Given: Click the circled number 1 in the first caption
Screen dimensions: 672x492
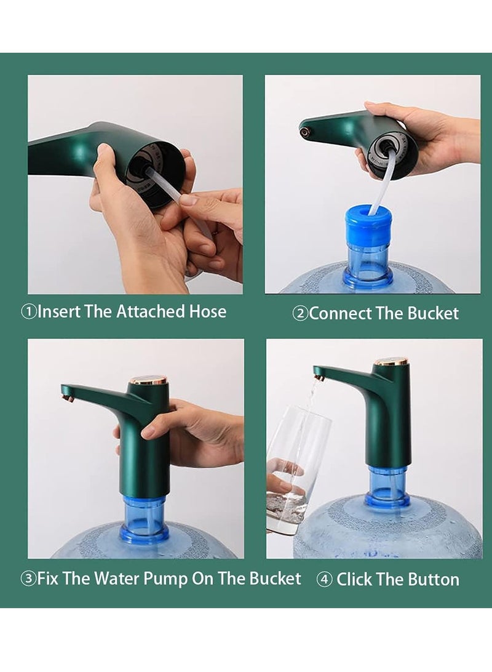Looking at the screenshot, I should click(29, 311).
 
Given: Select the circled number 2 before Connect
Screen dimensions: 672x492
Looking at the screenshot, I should click(300, 314).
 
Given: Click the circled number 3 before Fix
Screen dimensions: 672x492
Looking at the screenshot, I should click(28, 579).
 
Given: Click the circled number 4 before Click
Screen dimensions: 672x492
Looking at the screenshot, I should click(325, 580).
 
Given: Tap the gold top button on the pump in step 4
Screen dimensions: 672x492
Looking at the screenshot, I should click(391, 361).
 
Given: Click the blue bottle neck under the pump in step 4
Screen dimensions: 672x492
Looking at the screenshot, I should click(387, 486).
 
